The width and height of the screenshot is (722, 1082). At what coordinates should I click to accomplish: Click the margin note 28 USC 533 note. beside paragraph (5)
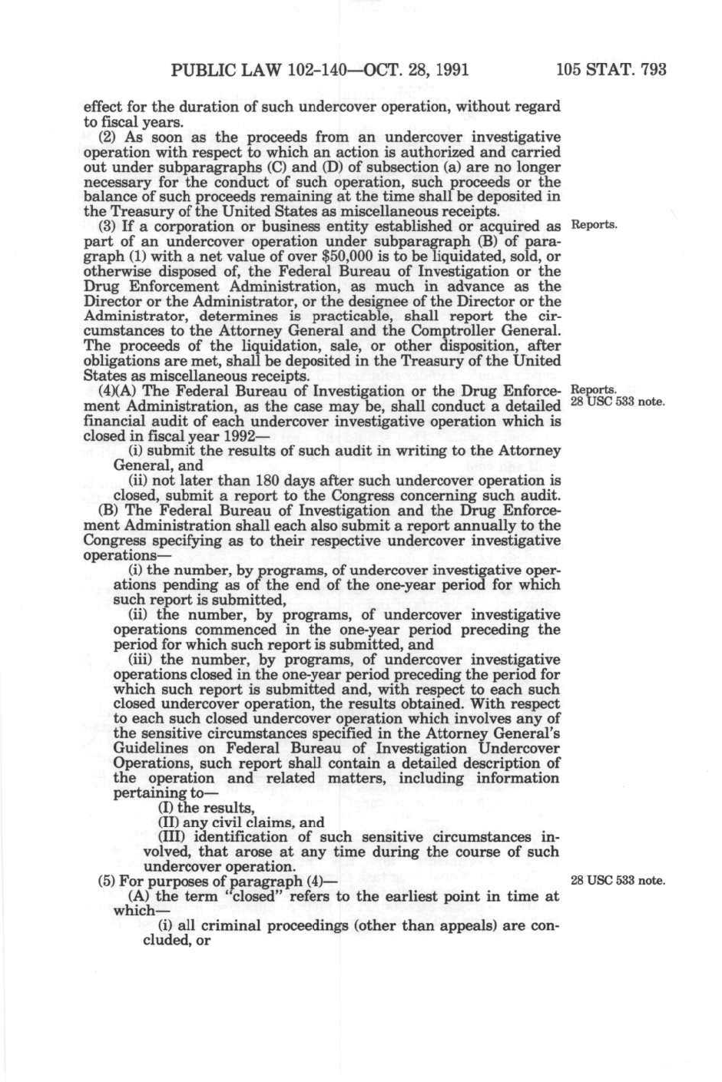[x=618, y=880]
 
